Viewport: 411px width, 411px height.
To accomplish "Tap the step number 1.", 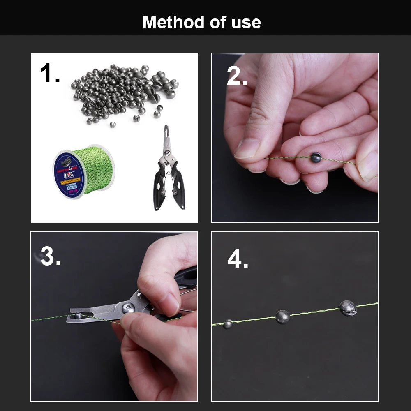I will [50, 74].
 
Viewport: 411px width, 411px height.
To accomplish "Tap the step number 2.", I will [237, 76].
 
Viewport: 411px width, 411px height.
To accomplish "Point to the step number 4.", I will [238, 259].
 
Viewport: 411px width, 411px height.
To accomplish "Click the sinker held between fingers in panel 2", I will [316, 157].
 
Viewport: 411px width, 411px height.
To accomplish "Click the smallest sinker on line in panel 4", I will [228, 323].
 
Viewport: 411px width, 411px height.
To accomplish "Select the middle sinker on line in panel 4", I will [282, 316].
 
